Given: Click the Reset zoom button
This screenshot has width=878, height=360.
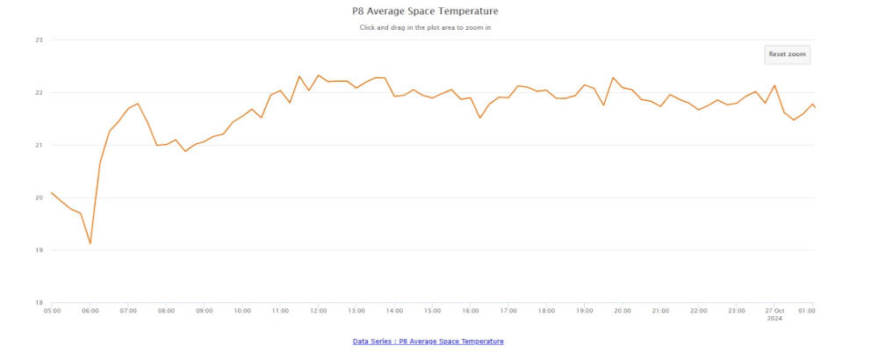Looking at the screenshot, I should [x=787, y=54].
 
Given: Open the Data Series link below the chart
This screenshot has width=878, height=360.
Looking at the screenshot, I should [x=428, y=341].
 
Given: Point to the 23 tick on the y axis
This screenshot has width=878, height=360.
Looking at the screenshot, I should [x=39, y=40].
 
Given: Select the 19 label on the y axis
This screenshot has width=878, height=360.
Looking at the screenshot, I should [x=39, y=250].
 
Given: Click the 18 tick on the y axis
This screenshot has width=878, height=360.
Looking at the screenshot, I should [x=39, y=302].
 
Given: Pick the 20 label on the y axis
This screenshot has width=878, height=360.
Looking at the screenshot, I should [x=39, y=198].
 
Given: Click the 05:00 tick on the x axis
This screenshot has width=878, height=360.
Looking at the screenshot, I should [x=52, y=310].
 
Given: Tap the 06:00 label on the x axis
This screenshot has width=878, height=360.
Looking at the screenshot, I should [x=90, y=310].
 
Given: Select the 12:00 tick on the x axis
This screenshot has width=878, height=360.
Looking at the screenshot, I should [x=318, y=310].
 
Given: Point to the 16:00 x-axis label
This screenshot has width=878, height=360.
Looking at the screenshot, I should [x=470, y=310].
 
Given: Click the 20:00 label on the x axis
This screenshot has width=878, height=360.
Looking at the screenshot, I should [x=623, y=310].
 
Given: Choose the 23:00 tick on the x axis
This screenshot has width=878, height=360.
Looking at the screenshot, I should [x=737, y=310].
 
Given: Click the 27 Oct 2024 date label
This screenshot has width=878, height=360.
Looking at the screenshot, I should [x=774, y=313].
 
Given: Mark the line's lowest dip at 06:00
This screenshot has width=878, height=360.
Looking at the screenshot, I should [x=90, y=243].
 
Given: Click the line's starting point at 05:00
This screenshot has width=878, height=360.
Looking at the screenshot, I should [x=52, y=192].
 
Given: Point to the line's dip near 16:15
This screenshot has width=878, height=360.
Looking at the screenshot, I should [x=480, y=118].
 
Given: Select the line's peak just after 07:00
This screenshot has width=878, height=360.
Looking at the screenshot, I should [x=138, y=104].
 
